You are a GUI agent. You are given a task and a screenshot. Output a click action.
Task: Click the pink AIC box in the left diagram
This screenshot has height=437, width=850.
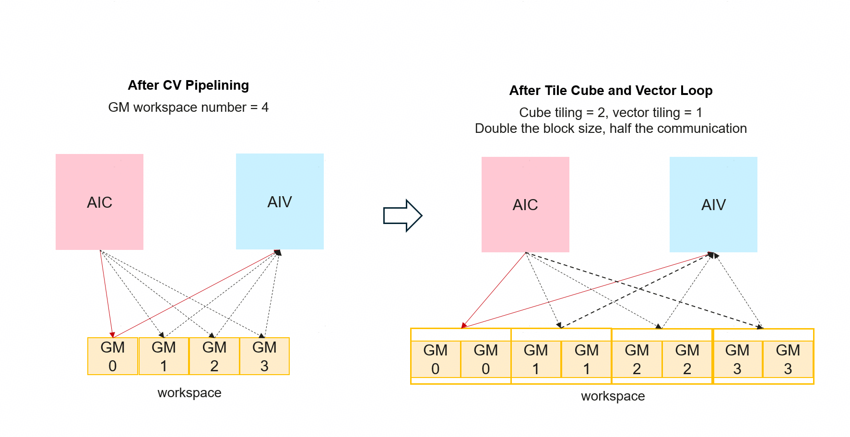pos(99,202)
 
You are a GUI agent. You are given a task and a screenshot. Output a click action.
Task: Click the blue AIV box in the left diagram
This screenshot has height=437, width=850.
pos(280,201)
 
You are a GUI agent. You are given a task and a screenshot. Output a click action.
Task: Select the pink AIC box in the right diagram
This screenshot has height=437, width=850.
pos(525,204)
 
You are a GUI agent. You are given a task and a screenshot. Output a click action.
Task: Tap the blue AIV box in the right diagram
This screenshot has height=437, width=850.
pos(713,204)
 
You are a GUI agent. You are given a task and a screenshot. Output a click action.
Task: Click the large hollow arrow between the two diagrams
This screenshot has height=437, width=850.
pos(402,215)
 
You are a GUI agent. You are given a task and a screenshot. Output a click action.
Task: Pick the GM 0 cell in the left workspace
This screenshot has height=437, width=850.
pos(113,356)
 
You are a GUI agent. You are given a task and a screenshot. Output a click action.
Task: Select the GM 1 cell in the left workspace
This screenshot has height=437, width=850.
pos(164,356)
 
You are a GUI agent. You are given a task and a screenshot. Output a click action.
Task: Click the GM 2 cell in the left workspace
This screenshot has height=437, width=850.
pos(214,356)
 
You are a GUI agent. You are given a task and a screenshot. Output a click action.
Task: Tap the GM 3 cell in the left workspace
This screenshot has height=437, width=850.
pos(264,356)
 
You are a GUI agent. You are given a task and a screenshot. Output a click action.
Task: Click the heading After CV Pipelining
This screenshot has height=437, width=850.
pos(188,85)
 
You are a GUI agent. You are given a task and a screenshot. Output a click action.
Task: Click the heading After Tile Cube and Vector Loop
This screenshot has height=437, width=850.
pos(611,91)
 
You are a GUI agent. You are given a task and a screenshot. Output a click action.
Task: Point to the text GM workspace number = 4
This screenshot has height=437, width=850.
pos(188,107)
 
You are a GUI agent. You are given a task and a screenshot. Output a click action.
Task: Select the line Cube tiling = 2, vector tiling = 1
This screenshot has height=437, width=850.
pos(611,113)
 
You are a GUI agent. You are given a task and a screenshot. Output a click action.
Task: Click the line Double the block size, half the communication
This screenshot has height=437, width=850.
pos(611,129)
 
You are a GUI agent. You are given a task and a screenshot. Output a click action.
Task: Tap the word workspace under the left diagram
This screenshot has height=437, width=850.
pos(189,393)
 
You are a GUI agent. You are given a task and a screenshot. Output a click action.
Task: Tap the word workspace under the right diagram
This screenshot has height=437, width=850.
pos(613,396)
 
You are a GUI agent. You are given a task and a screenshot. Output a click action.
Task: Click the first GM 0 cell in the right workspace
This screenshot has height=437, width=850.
pos(436,359)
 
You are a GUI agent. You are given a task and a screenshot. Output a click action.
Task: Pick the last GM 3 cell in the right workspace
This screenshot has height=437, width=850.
pos(788,359)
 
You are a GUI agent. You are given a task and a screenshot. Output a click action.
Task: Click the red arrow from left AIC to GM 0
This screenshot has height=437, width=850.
pos(106,293)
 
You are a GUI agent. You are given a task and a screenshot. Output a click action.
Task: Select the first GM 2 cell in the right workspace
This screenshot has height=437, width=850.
pos(637,359)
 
